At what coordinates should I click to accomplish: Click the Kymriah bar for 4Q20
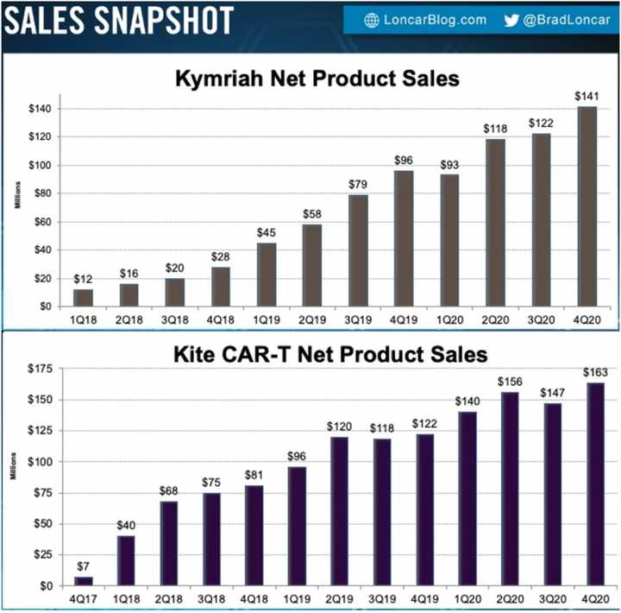tap(587, 206)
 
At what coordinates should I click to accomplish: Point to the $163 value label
tap(594, 373)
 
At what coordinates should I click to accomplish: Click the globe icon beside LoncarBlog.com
tap(373, 20)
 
